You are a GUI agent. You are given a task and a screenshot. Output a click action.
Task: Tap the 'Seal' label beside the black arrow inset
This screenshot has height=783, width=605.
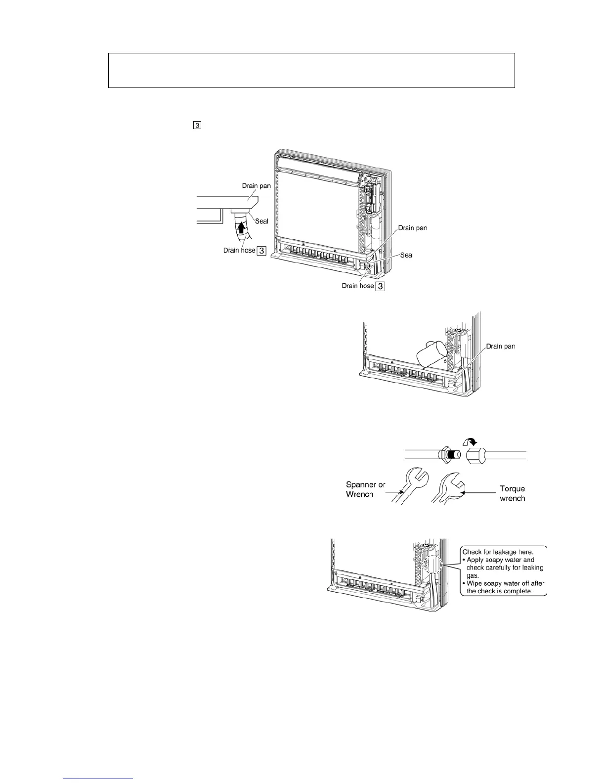261,221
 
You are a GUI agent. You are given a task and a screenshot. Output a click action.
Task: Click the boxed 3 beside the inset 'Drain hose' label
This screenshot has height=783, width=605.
261,251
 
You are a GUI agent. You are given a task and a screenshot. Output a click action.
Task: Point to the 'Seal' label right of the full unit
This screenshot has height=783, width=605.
406,255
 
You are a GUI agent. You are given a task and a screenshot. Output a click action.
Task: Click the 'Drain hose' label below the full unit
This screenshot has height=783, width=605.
358,286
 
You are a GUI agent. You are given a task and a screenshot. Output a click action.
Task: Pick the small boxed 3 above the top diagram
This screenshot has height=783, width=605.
197,126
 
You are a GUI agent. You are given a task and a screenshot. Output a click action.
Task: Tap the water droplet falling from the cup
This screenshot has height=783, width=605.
444,361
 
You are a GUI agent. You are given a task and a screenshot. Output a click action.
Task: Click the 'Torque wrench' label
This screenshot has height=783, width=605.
512,493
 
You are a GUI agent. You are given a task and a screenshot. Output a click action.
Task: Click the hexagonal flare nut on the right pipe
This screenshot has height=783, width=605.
475,454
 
